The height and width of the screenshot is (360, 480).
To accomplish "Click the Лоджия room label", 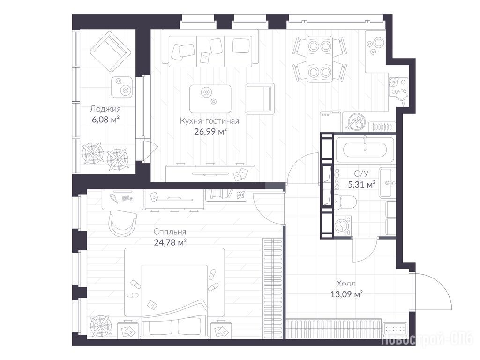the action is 105,109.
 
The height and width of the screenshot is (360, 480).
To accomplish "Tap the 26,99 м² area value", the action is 210,132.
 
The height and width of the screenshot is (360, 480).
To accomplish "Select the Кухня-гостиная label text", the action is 210,121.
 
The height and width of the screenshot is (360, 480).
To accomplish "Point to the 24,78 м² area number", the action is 171,243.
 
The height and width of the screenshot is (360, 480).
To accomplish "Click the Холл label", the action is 346,284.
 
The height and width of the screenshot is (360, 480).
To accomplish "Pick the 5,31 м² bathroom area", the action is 362,185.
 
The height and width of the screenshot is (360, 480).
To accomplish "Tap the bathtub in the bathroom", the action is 364,150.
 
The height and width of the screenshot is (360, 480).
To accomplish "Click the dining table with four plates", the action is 320,59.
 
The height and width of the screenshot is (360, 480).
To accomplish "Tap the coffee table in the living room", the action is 210,98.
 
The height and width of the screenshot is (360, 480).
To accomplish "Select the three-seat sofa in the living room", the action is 210,51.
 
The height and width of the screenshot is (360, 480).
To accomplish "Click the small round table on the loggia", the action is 122,87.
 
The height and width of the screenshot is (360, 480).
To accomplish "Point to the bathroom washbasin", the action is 387,183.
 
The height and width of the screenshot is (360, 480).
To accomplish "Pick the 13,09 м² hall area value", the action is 346,294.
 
